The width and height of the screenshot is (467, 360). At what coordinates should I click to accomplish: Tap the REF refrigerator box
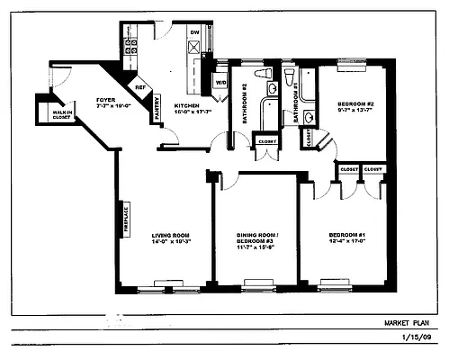(140, 87)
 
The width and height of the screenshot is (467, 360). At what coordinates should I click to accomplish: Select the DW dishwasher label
(193, 32)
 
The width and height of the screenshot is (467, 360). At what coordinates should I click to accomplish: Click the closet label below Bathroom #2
(267, 141)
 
